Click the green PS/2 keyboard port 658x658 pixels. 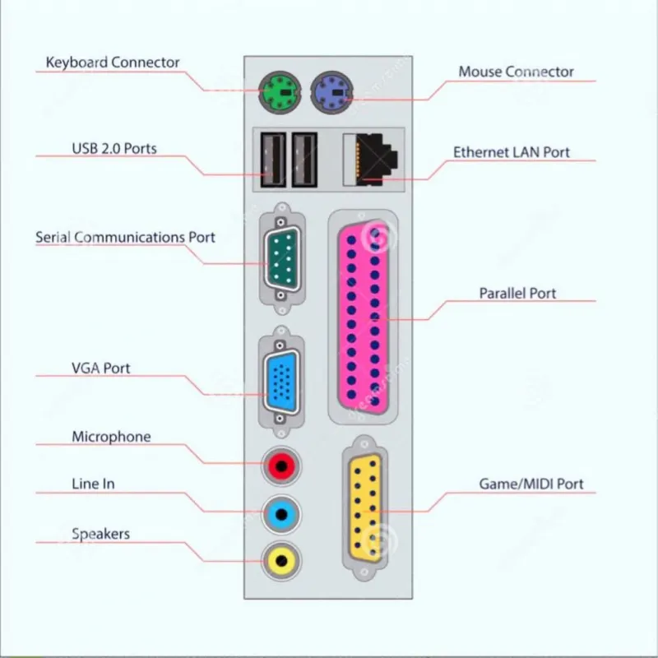tap(280, 92)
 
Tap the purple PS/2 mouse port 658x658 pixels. tap(332, 92)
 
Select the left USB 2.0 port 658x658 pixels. tap(273, 160)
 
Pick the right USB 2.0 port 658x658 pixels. tap(304, 160)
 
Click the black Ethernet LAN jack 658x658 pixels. tap(371, 160)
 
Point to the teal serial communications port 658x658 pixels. tap(282, 258)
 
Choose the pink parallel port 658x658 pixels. tap(364, 317)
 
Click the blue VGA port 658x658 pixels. tap(281, 382)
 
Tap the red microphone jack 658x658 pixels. tap(281, 466)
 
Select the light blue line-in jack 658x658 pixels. tap(281, 515)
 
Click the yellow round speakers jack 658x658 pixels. tap(281, 561)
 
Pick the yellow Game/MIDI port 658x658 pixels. tap(365, 508)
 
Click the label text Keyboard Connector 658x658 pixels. tap(113, 63)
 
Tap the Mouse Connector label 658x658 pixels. tap(516, 72)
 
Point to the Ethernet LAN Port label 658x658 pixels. tap(511, 152)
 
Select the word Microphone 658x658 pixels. tap(111, 437)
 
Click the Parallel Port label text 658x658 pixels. tap(517, 294)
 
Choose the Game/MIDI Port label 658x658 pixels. tap(531, 484)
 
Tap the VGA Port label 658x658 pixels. tap(100, 368)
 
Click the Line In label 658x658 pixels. tap(93, 484)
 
